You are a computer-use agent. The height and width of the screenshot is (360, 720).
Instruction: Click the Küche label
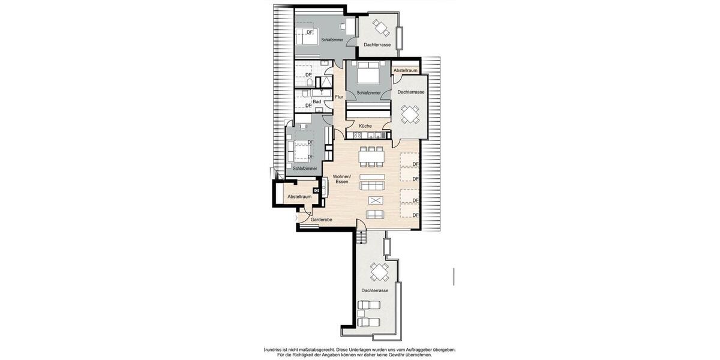pyautogui.click(x=365, y=126)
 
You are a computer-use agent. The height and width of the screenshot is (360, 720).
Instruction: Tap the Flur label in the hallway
pyautogui.click(x=339, y=97)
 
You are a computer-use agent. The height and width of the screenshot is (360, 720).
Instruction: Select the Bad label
pyautogui.click(x=316, y=102)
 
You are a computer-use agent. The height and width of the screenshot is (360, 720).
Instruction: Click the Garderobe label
pyautogui.click(x=322, y=220)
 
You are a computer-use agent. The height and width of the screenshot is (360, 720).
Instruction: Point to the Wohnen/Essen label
pyautogui.click(x=341, y=178)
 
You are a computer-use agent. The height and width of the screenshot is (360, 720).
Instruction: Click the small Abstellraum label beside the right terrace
pyautogui.click(x=406, y=71)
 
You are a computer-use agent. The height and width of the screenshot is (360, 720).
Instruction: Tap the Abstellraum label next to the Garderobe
pyautogui.click(x=299, y=197)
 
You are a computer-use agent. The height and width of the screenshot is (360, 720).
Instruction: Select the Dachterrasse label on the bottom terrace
pyautogui.click(x=375, y=291)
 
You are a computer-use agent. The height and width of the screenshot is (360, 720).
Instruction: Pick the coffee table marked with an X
pyautogui.click(x=375, y=200)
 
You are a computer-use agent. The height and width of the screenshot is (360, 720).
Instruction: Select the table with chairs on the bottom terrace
pyautogui.click(x=379, y=273)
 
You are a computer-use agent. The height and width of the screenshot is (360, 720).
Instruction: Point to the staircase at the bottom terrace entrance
pyautogui.click(x=361, y=238)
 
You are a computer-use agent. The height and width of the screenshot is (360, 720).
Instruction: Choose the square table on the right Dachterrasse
pyautogui.click(x=411, y=113)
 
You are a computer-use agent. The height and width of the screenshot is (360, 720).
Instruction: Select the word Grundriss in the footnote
pyautogui.click(x=275, y=349)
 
